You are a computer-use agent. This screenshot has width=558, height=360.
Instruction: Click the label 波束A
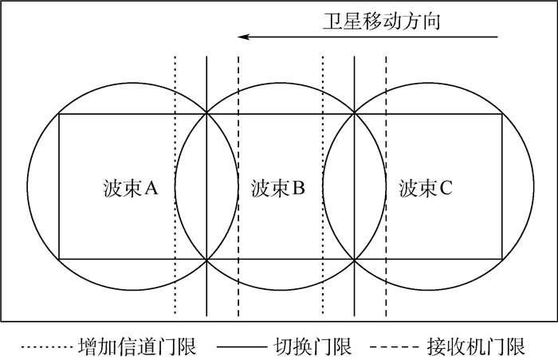click(132, 188)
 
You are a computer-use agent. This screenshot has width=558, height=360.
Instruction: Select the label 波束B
click(278, 188)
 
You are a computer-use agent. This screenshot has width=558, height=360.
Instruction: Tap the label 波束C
click(426, 188)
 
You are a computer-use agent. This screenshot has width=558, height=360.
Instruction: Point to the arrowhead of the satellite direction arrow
click(244, 37)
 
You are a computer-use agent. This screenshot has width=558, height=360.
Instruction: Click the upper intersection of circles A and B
click(206, 115)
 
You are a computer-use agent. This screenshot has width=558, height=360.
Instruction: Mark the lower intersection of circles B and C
click(354, 260)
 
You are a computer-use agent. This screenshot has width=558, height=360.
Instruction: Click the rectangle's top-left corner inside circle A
click(60, 115)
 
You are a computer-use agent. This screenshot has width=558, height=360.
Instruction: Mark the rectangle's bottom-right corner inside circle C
click(502, 260)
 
